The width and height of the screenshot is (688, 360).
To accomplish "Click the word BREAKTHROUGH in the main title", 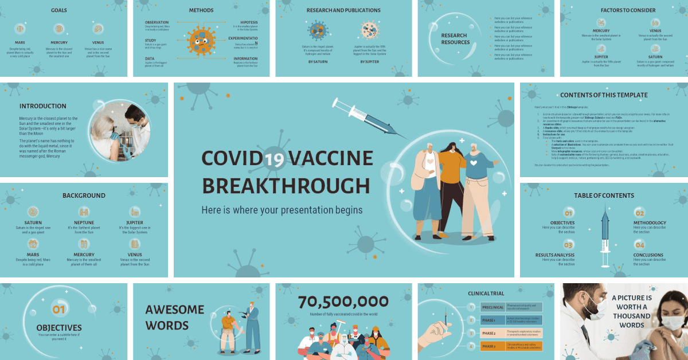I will [286, 186].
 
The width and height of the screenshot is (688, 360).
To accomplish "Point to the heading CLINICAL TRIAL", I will [486, 294].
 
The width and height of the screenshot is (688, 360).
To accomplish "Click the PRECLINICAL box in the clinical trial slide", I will [491, 307].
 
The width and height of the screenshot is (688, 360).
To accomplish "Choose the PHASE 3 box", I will [491, 346].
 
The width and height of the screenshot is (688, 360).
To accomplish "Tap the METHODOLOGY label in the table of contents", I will [650, 222].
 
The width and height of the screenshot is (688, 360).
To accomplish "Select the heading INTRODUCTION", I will [42, 106].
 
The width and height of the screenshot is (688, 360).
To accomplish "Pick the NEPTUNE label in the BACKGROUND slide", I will [84, 222].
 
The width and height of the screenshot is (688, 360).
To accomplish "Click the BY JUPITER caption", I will [370, 61].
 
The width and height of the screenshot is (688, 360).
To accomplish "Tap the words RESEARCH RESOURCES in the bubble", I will [455, 38].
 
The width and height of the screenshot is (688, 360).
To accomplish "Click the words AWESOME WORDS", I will [174, 318].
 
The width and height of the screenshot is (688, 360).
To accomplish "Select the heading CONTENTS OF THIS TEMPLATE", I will [604, 95].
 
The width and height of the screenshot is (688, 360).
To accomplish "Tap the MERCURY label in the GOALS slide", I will [59, 42].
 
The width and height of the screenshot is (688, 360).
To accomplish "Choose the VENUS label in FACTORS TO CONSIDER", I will [655, 30].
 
